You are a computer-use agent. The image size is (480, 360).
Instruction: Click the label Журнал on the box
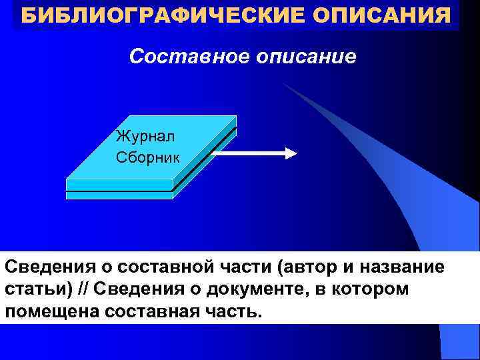tap(145, 137)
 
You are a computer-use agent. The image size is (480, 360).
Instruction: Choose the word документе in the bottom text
tap(235, 290)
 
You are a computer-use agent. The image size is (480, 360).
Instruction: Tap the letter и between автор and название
tap(348, 267)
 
